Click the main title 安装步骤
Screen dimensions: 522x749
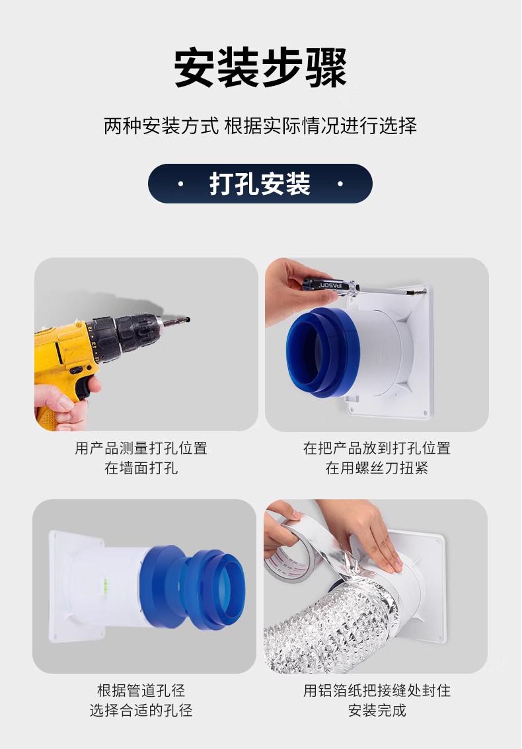point(260,67)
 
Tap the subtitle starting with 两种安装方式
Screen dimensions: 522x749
point(260,126)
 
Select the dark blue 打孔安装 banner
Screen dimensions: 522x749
point(260,184)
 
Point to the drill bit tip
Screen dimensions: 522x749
point(188,319)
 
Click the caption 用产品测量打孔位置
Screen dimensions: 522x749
point(141,448)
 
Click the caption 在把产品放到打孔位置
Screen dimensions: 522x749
point(377,448)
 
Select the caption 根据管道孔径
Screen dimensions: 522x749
point(141,690)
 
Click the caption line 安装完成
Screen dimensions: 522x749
point(377,710)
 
